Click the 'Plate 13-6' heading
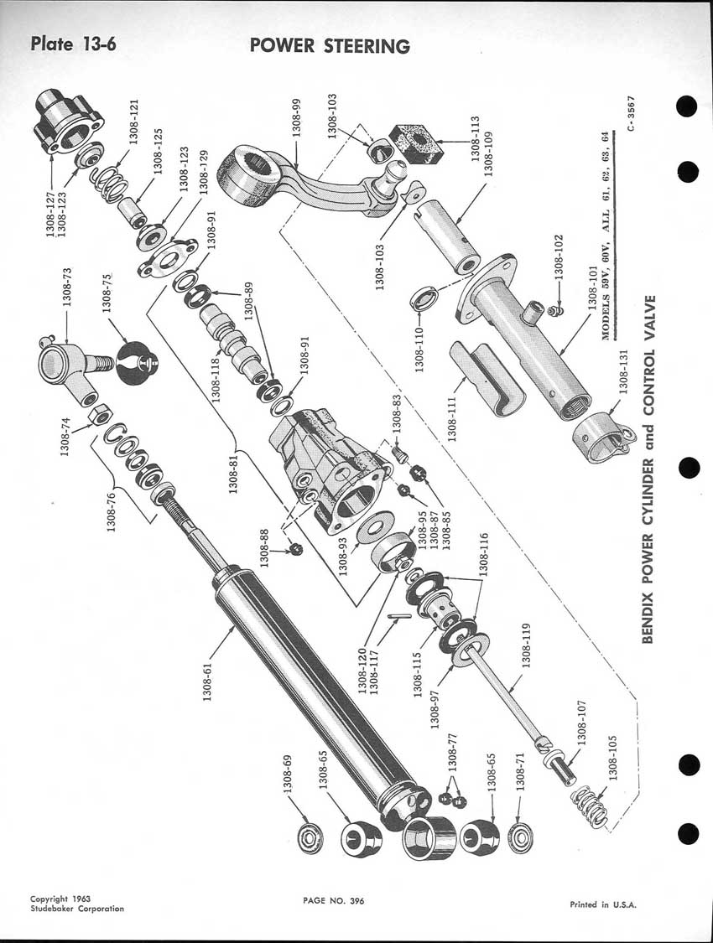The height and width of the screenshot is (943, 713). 73,44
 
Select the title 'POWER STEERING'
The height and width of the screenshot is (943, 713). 330,46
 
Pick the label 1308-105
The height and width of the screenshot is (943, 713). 612,758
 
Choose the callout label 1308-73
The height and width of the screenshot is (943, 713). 67,287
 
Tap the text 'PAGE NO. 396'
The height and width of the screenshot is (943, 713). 334,900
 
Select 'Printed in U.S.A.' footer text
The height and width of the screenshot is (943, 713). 603,904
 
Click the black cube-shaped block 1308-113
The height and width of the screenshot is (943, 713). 416,142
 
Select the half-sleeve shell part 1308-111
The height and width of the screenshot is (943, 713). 487,377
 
